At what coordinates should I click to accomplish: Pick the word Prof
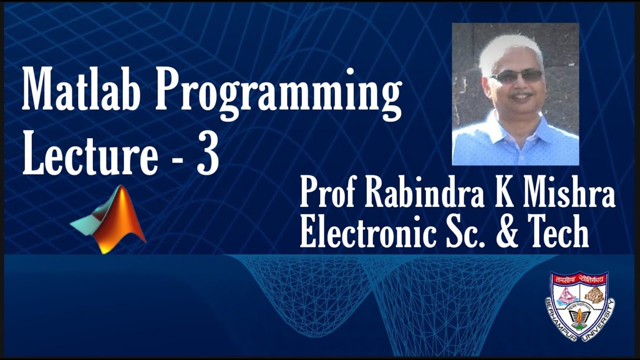(x=328, y=193)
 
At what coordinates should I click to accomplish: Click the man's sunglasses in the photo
(x=517, y=76)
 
